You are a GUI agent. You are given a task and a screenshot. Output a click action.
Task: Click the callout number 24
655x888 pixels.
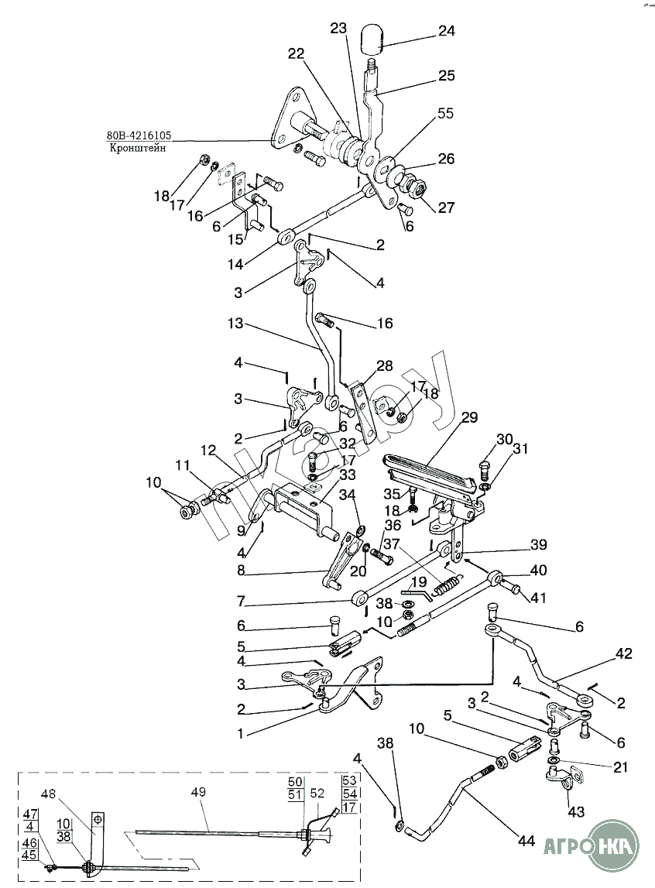click(x=447, y=32)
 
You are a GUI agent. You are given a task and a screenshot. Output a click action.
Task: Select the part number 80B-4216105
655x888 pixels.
click(x=139, y=136)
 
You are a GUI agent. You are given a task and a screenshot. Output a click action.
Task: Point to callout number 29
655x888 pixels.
click(x=470, y=417)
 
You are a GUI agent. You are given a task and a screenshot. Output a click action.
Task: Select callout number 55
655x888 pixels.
click(x=445, y=113)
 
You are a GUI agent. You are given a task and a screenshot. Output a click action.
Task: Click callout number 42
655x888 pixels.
click(x=624, y=653)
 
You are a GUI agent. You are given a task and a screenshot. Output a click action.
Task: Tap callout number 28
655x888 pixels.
click(x=385, y=365)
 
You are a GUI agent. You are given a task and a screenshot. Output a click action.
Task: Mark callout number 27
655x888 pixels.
click(x=446, y=207)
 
